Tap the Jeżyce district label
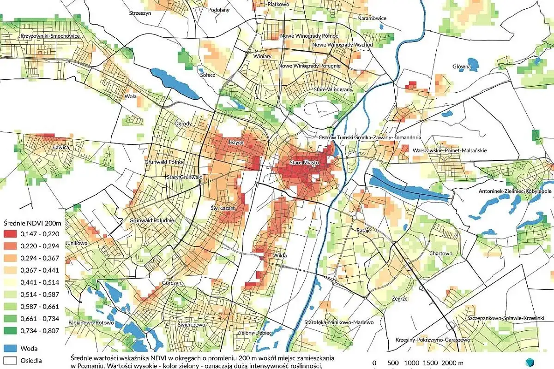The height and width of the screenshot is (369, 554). pos(236,143)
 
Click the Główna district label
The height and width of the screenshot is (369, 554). pos(461,67)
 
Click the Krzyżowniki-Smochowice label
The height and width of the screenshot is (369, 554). pos(50,36)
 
